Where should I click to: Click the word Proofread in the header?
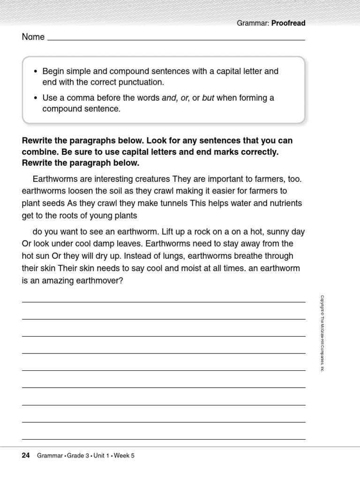(x=288, y=23)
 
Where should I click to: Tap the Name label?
(x=33, y=37)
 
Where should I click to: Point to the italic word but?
(x=208, y=98)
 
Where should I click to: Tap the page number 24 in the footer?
(x=26, y=455)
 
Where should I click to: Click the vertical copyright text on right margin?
(x=322, y=333)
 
